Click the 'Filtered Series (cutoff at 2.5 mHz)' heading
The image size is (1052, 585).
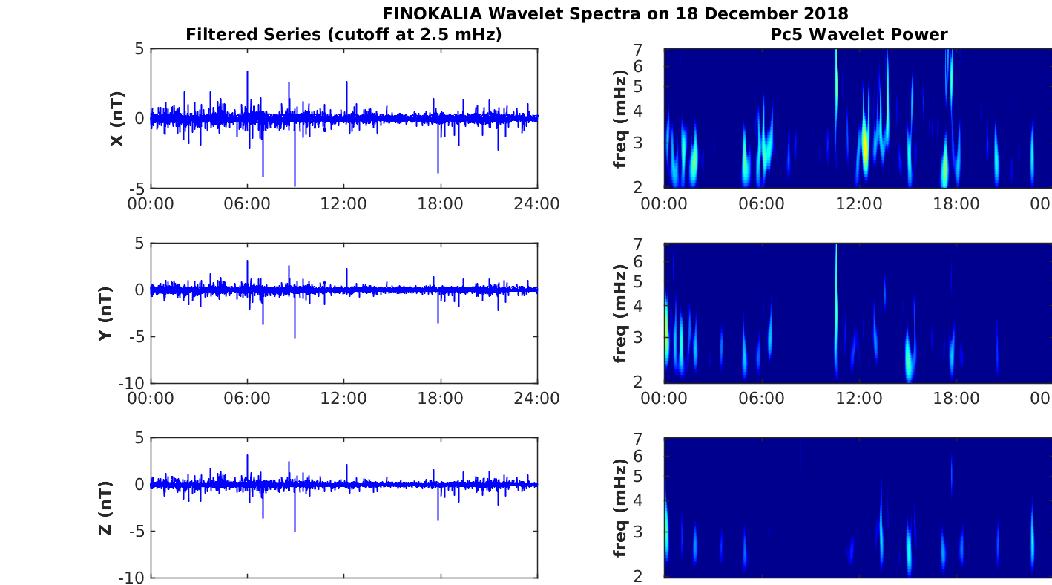point(343,34)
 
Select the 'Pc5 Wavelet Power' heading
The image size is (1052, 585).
point(858,34)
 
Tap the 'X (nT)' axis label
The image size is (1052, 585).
point(116,119)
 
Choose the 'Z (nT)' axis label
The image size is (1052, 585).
point(105,508)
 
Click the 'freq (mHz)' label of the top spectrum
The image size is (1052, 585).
point(621,119)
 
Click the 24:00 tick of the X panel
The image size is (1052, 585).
point(536,203)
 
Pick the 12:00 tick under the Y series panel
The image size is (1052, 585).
point(343,399)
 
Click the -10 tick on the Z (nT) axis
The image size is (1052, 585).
point(134,577)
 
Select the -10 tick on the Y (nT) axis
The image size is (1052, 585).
point(134,382)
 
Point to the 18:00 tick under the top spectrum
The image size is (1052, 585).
point(956,203)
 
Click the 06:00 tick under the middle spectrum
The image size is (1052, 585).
point(762,399)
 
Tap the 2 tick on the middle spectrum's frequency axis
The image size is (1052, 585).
point(656,382)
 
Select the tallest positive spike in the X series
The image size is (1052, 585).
point(247,73)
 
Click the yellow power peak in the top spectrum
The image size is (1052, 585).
point(864,145)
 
